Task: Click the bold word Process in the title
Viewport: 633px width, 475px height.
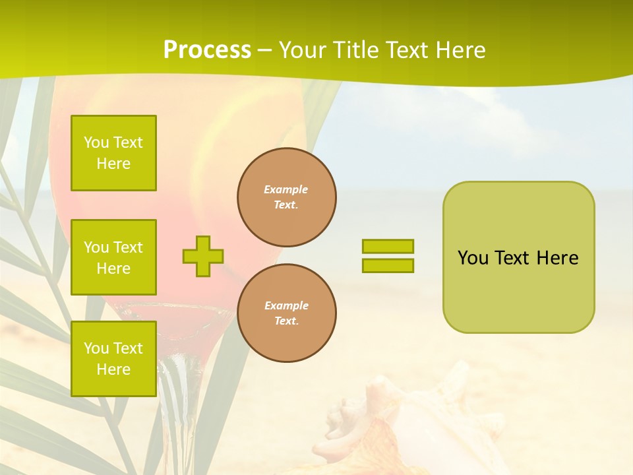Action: (207, 50)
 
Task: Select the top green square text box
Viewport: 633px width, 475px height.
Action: (113, 153)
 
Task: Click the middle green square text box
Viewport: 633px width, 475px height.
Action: (113, 257)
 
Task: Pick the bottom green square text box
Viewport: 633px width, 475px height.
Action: (113, 359)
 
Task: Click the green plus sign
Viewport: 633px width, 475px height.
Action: (203, 256)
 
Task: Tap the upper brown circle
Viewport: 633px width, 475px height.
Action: (286, 197)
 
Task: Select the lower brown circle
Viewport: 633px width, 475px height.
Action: (286, 313)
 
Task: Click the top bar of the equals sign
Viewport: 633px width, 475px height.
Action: (388, 247)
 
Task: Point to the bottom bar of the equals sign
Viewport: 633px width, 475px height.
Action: (388, 265)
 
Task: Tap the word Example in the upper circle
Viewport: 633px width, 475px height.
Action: (286, 189)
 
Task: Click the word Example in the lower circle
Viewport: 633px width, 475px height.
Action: (286, 305)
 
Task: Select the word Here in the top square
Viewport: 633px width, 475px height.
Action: (113, 164)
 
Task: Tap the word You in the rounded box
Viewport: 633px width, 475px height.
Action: (473, 258)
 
